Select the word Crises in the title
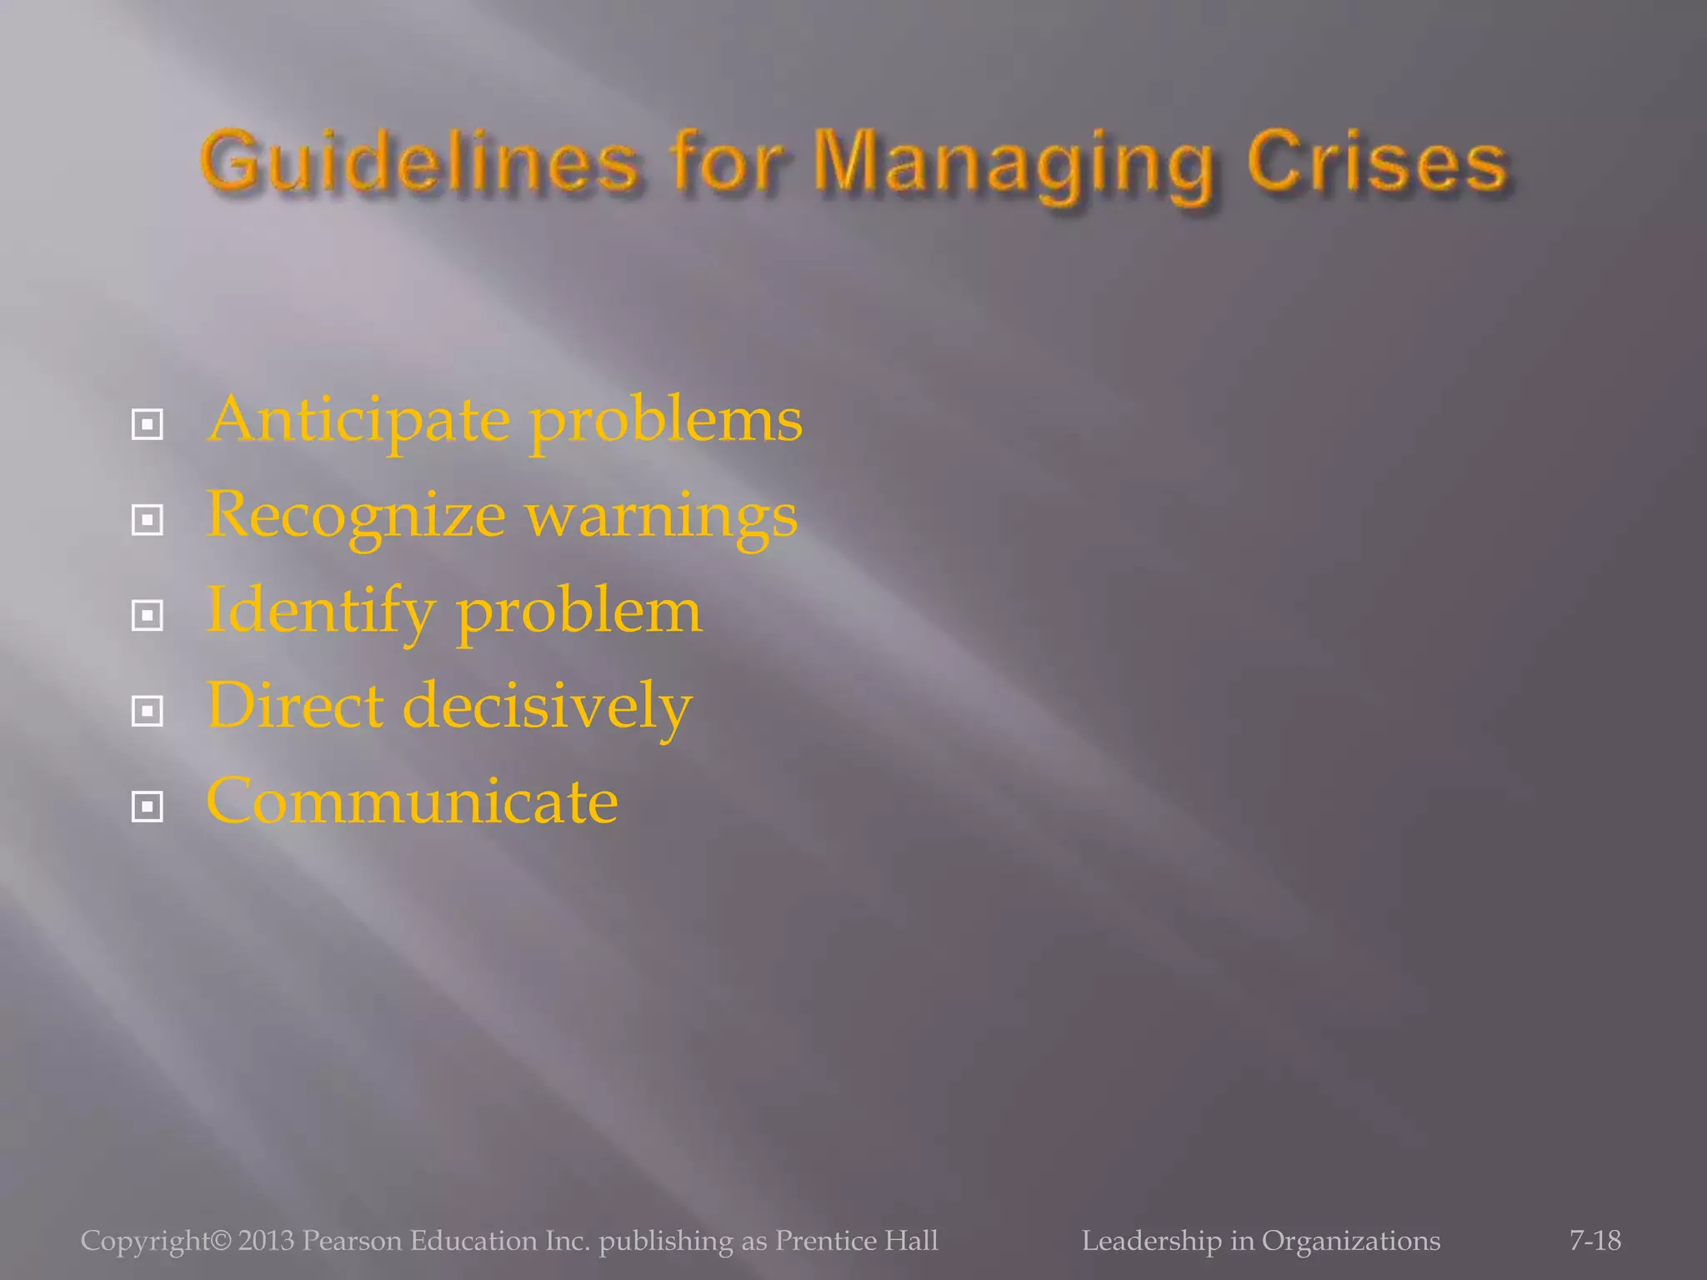(1377, 162)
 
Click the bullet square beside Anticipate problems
(148, 425)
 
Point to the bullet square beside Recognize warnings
(148, 521)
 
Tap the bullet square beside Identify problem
(148, 616)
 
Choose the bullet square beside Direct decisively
(148, 711)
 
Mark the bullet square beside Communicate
(148, 807)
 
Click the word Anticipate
(358, 421)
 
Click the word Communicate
(412, 802)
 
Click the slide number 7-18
(1594, 1240)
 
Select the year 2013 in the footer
(266, 1240)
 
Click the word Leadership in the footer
(1151, 1241)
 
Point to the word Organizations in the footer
(1350, 1241)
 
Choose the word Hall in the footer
(911, 1240)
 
